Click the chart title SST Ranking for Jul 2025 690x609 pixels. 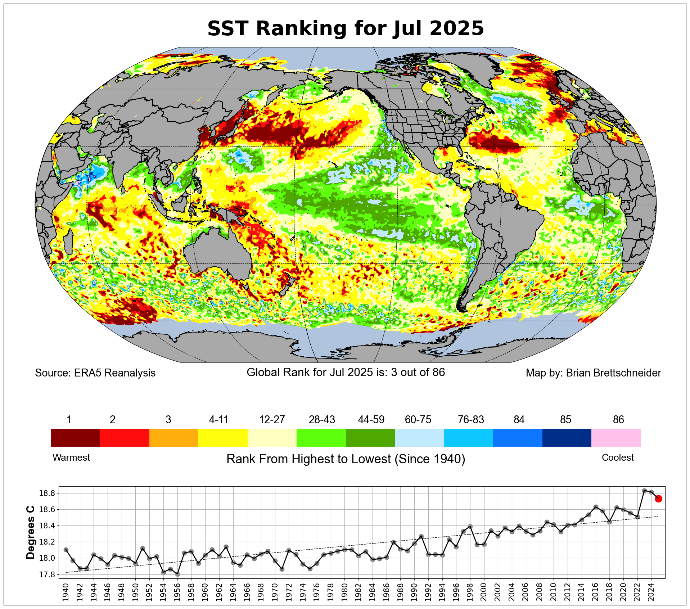(x=346, y=28)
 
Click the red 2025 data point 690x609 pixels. (x=658, y=499)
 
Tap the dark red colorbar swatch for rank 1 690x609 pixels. (x=76, y=437)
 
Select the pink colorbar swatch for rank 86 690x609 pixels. (x=616, y=437)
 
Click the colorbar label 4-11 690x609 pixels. (x=219, y=420)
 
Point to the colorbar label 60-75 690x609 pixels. (x=418, y=420)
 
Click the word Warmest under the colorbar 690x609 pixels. (x=71, y=457)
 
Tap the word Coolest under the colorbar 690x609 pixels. (x=618, y=457)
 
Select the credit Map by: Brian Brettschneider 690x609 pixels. (x=593, y=373)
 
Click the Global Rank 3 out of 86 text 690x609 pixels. (x=346, y=372)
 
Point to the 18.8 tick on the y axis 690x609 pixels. (x=47, y=493)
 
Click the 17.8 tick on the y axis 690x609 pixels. (x=47, y=574)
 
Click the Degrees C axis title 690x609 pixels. (x=31, y=533)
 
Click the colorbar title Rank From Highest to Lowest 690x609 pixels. (x=346, y=459)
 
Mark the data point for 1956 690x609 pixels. (x=177, y=574)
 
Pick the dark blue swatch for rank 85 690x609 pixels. (x=567, y=437)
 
